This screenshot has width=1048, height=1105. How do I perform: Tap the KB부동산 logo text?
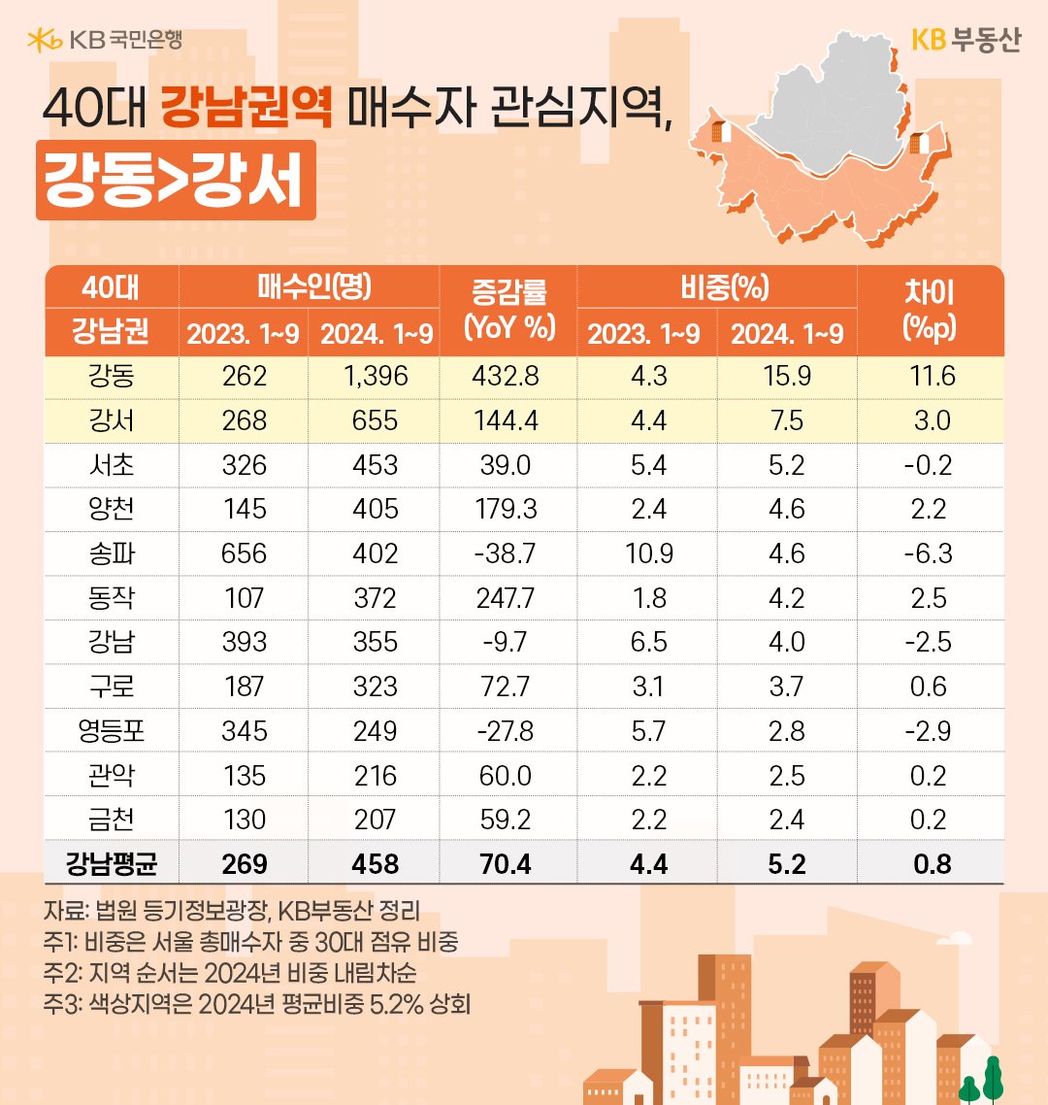(966, 40)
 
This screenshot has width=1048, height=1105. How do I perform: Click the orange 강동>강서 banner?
(176, 181)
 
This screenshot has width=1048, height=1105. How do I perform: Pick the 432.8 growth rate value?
(508, 376)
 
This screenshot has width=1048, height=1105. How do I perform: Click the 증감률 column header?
(508, 309)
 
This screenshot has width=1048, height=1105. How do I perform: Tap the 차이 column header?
(929, 309)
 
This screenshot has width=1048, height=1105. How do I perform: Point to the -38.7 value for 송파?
(508, 552)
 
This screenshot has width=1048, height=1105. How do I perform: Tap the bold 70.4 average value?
(508, 862)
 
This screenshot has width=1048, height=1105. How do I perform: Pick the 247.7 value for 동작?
(508, 597)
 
